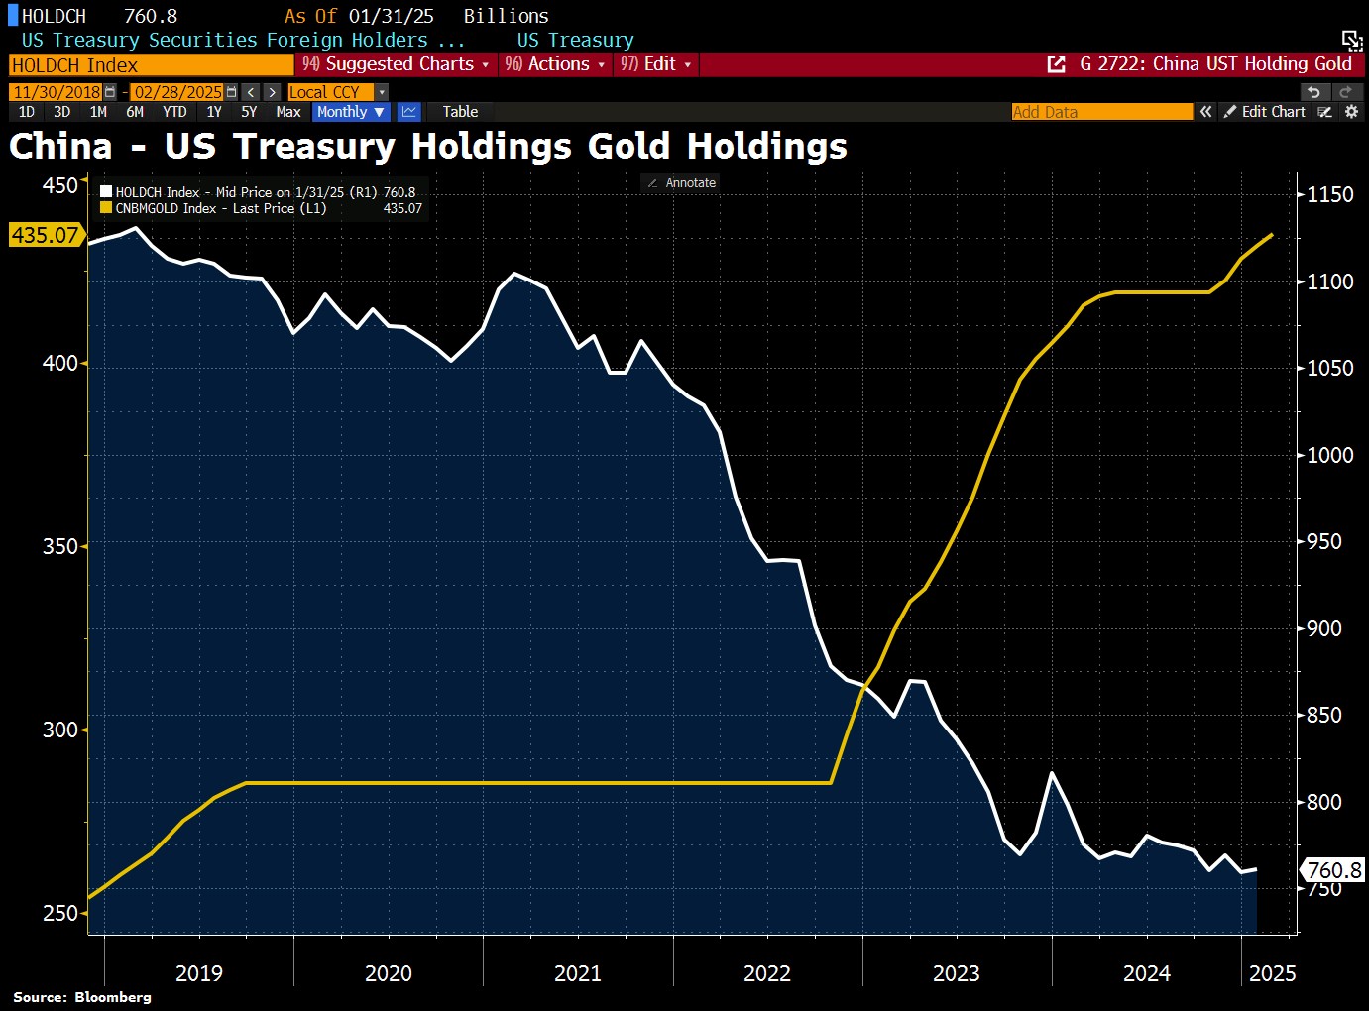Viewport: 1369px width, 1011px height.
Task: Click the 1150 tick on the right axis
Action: point(1329,194)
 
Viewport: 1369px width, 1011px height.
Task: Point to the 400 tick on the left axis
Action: point(59,363)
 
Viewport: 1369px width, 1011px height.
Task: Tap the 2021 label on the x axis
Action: point(578,973)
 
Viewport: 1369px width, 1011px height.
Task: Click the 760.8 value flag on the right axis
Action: point(1333,870)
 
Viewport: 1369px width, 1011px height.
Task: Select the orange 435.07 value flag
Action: point(45,235)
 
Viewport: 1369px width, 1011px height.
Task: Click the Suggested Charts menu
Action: point(397,64)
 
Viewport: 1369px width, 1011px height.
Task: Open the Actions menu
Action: point(555,64)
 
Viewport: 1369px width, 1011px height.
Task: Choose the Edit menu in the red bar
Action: point(656,64)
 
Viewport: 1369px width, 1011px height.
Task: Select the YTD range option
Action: point(174,112)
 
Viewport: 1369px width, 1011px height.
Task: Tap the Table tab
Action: point(460,112)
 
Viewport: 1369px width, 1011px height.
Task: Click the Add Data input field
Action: point(1100,112)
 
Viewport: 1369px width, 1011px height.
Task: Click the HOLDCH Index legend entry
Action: point(157,192)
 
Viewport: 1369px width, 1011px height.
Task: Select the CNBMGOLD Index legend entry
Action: point(165,208)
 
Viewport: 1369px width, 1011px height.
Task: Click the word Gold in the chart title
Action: point(628,146)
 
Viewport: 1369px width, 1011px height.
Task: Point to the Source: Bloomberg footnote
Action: point(82,997)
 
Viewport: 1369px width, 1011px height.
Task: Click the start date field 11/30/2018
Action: point(57,92)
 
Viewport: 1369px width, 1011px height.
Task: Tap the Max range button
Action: point(288,112)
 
